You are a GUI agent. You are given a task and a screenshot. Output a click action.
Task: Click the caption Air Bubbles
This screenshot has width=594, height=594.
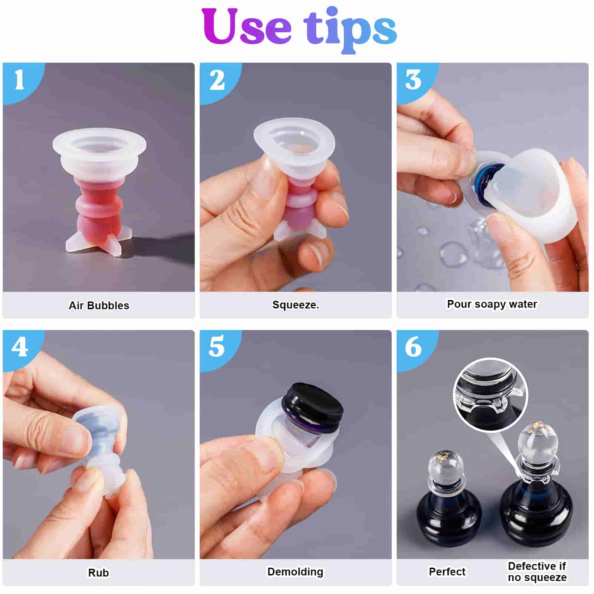pos(99,306)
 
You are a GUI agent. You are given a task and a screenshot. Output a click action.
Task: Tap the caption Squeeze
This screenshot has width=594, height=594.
pos(296,305)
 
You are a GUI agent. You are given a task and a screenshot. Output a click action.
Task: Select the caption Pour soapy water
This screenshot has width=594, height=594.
pos(492,304)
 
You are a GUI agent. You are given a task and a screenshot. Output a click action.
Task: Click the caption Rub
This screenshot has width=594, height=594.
pos(98,573)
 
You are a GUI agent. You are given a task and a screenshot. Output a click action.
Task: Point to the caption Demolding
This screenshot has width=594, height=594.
pos(296,572)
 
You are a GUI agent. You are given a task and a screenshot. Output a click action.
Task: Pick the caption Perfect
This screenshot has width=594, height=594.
pos(447,572)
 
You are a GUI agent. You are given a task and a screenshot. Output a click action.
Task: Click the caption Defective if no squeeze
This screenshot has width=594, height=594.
pos(537,572)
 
